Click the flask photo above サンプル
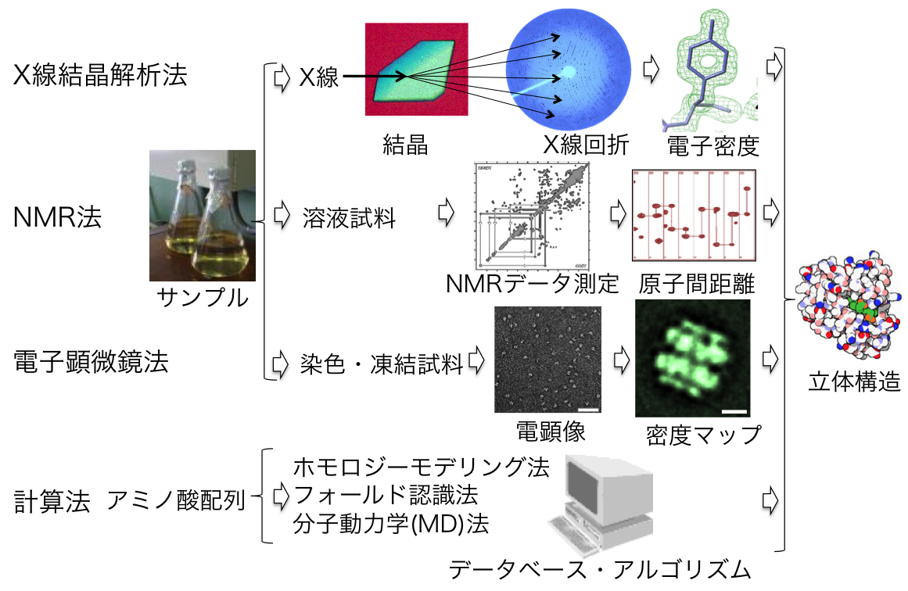click(203, 215)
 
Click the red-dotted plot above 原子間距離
click(694, 214)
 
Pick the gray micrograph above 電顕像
click(548, 360)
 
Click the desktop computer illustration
click(605, 500)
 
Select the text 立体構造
click(855, 383)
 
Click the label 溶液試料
click(349, 219)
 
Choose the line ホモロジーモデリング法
click(421, 468)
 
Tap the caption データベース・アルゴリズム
click(600, 570)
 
